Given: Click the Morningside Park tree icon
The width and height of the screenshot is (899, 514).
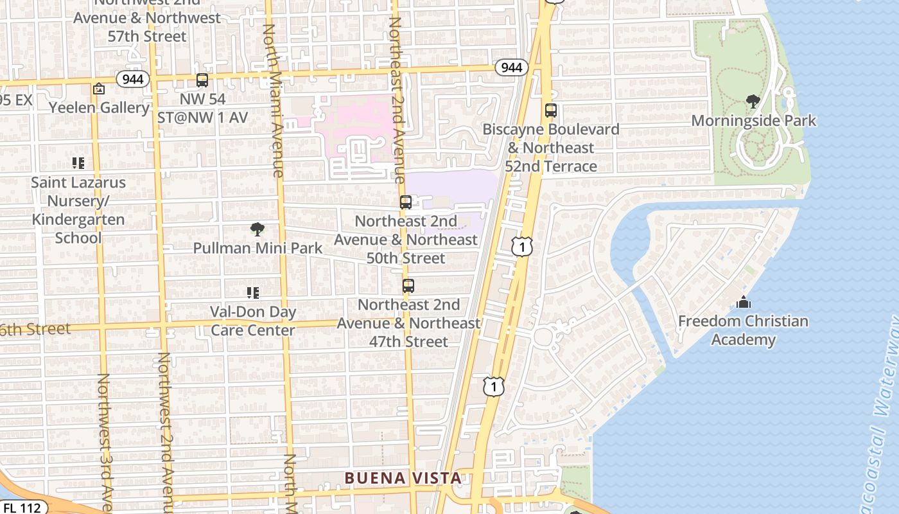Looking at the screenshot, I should pyautogui.click(x=753, y=101).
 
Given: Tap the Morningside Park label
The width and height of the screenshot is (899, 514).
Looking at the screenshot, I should pyautogui.click(x=753, y=120).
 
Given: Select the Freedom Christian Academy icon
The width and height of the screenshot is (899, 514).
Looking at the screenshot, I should pyautogui.click(x=743, y=302).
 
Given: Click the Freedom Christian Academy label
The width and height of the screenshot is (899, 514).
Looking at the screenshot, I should pyautogui.click(x=743, y=330).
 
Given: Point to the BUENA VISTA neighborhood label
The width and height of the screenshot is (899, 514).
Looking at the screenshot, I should pyautogui.click(x=403, y=478).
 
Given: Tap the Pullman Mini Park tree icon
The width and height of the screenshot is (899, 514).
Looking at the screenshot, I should pyautogui.click(x=257, y=229).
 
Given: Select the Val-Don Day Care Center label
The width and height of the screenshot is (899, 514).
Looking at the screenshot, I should pyautogui.click(x=253, y=321).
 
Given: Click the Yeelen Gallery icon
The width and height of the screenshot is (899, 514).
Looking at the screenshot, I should pyautogui.click(x=99, y=89).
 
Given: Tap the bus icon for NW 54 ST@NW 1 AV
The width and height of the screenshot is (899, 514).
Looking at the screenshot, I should pyautogui.click(x=202, y=80).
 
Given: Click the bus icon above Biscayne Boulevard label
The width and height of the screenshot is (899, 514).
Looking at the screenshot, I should pyautogui.click(x=550, y=110).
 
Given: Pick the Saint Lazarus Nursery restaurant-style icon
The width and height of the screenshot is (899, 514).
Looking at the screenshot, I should pyautogui.click(x=78, y=163).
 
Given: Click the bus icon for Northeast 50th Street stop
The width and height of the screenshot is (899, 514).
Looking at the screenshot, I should pyautogui.click(x=405, y=202).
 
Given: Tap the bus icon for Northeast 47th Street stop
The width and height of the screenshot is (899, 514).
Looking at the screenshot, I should pyautogui.click(x=408, y=286).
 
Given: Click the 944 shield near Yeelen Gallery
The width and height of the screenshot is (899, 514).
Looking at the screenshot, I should pyautogui.click(x=133, y=79).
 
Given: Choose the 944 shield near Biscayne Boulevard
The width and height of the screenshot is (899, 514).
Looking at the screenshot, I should pyautogui.click(x=511, y=67).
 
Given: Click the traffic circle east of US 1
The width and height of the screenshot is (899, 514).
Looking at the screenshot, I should pyautogui.click(x=543, y=336).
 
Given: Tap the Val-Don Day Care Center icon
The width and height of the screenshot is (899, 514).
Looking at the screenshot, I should pyautogui.click(x=253, y=293).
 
